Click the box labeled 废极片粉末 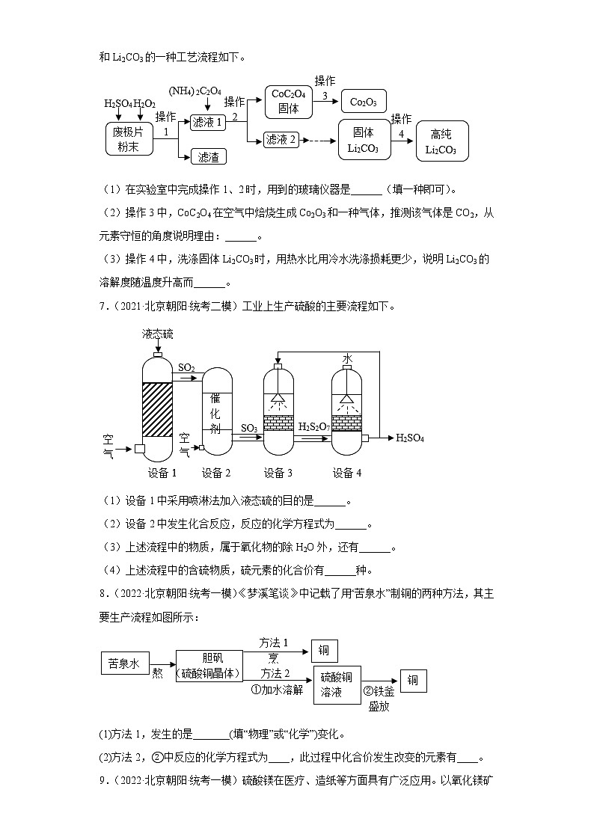128,138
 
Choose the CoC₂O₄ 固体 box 288,102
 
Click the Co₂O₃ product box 364,102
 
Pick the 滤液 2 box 282,139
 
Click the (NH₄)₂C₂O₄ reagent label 195,91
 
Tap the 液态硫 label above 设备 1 157,334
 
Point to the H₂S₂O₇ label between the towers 314,426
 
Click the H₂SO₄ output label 409,438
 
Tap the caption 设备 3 278,473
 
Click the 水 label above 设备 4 347,360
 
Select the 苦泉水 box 125,663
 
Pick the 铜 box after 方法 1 324,651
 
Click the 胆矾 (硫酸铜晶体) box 210,665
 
